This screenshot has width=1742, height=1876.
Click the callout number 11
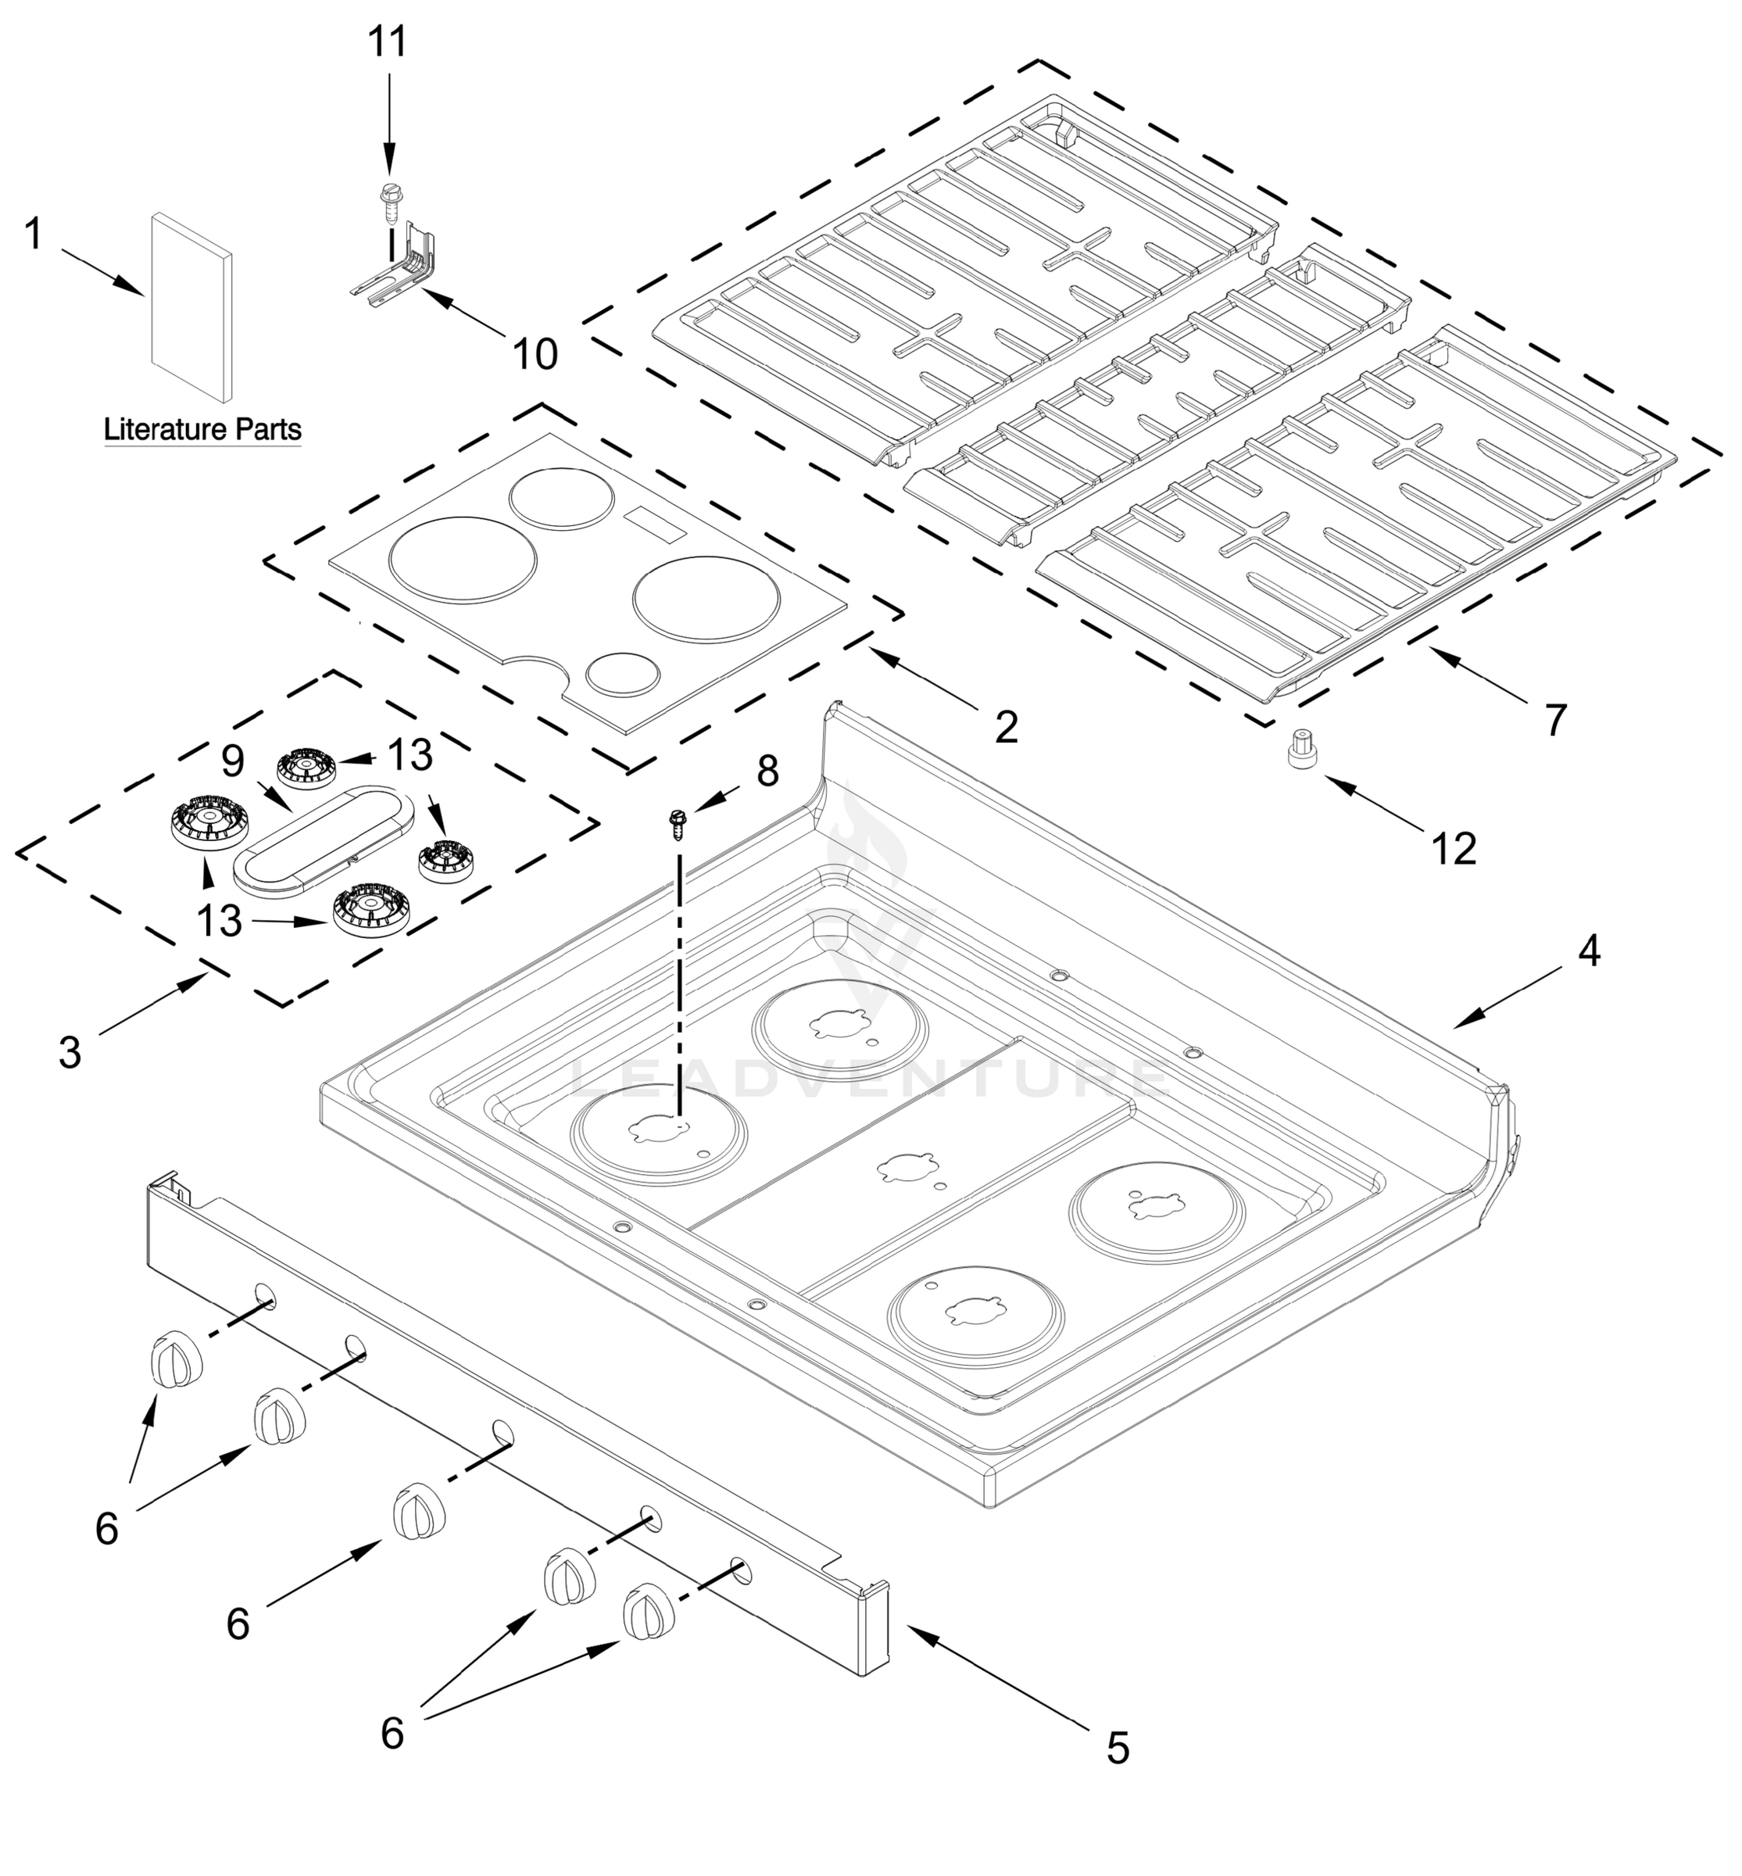click(388, 42)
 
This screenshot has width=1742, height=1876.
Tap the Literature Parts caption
click(202, 430)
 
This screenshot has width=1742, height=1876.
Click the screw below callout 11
click(388, 200)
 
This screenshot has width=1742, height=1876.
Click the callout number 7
click(1554, 720)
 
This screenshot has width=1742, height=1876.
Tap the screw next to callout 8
click(676, 823)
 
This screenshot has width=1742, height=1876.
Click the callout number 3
click(70, 1053)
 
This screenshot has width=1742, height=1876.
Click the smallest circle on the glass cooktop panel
click(621, 675)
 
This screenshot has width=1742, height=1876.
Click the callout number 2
click(1007, 727)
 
